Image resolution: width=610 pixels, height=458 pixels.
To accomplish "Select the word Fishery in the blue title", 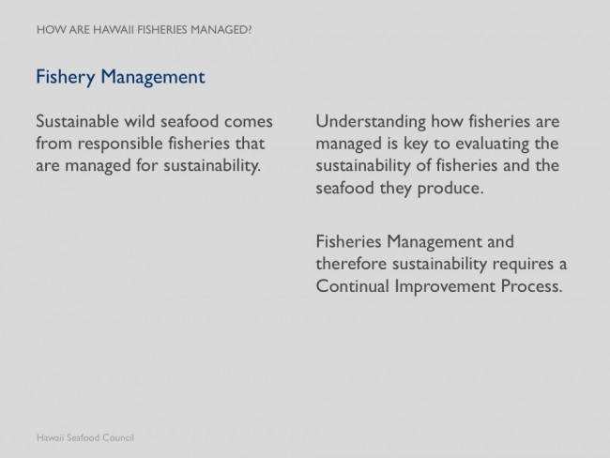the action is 66,77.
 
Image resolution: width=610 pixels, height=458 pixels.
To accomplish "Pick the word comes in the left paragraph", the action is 248,122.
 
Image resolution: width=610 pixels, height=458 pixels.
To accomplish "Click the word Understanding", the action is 371,122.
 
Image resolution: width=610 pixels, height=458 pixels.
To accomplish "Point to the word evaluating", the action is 493,145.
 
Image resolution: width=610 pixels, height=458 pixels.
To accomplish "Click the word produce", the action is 450,190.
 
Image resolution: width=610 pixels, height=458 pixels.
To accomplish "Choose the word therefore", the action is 351,264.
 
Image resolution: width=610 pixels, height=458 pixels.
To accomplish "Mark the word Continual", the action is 353,286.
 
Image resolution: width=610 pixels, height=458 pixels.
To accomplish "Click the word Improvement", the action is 445,287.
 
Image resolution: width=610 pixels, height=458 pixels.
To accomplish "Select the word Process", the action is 531,286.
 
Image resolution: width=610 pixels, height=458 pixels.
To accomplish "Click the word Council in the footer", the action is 118,437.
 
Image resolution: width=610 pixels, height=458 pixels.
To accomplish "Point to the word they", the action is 396,190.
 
